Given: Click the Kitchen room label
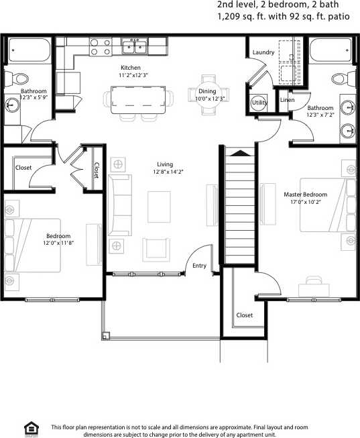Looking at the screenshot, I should point(130,68).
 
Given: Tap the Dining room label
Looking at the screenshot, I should point(207,91).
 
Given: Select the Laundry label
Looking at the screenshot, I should point(262,52).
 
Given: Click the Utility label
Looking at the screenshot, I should point(259,103).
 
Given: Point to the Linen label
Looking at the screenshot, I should point(287,100).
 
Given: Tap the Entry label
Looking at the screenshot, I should point(199,266).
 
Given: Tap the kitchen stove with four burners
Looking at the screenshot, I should point(101,46).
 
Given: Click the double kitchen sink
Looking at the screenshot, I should point(135,46).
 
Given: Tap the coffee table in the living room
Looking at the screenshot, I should point(159,205).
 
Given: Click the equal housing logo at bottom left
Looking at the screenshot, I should point(29,429).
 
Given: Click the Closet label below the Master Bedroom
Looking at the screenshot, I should point(245,315).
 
